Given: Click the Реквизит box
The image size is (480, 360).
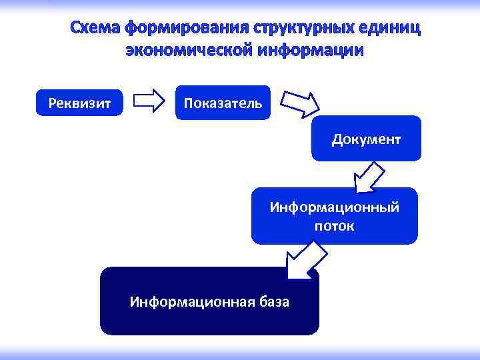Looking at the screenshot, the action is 79,103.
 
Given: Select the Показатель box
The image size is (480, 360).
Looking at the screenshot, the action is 223,103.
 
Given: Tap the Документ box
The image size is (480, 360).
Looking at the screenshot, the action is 366,139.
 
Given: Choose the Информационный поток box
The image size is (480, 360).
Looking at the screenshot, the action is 334,216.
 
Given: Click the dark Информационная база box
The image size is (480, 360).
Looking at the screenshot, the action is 209,301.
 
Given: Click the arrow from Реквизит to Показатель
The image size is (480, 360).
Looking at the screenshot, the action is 149,101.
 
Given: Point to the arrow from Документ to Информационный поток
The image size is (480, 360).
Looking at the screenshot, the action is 369,176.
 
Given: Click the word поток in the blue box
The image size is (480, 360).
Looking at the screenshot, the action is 334,226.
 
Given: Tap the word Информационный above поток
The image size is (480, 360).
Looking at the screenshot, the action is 334,207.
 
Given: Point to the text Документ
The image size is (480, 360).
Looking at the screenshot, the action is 366,139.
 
